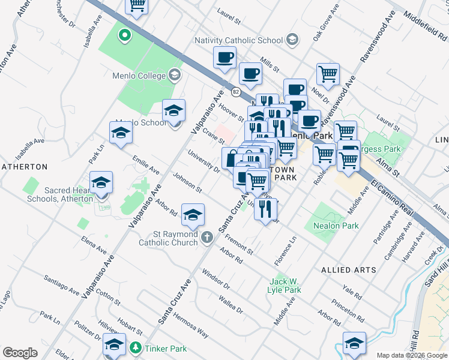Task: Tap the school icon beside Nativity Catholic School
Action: (x=292, y=40)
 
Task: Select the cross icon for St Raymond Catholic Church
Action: (x=206, y=238)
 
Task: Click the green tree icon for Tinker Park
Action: (x=136, y=348)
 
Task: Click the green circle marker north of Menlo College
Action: (x=125, y=35)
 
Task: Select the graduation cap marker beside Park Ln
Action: (x=121, y=133)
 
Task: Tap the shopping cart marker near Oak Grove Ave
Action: (x=328, y=74)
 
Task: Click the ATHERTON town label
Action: (x=24, y=166)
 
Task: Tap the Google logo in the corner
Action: (x=20, y=353)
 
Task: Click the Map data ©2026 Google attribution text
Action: (x=411, y=355)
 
